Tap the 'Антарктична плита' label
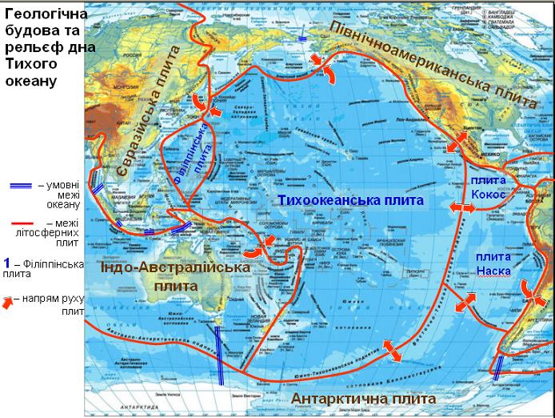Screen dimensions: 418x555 tap(364, 399)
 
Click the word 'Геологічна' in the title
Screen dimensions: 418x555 tap(42, 13)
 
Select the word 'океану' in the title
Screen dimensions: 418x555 tap(32, 82)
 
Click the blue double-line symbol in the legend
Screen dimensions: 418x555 tap(17, 186)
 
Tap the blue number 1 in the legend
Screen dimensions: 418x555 tap(6, 262)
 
